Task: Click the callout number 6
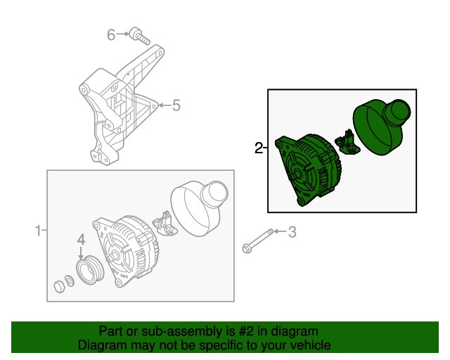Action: tap(110, 34)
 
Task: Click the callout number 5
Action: tap(176, 105)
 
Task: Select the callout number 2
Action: tap(258, 148)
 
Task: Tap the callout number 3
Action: tap(293, 231)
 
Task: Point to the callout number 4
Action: tap(81, 239)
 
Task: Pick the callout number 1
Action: tap(39, 230)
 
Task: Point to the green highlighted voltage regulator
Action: tap(346, 142)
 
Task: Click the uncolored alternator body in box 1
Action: tap(125, 250)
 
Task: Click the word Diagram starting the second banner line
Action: tap(98, 345)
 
